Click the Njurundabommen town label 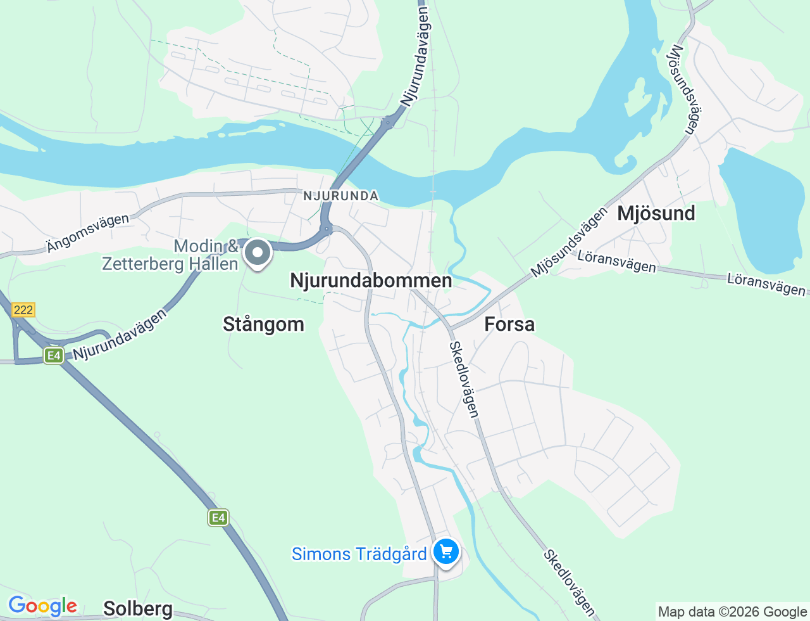click(371, 280)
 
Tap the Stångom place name click(263, 324)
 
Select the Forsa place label click(509, 324)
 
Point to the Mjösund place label click(656, 213)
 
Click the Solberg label click(138, 609)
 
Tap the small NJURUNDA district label click(340, 196)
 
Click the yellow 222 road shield click(23, 310)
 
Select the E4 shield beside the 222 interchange click(54, 355)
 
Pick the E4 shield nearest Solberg click(218, 518)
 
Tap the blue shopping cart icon click(446, 551)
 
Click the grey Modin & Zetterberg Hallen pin click(258, 253)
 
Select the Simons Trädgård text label click(359, 554)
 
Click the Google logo click(42, 606)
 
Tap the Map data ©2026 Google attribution click(732, 611)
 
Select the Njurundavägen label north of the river click(416, 57)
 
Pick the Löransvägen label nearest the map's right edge click(766, 285)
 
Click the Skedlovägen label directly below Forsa click(464, 379)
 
